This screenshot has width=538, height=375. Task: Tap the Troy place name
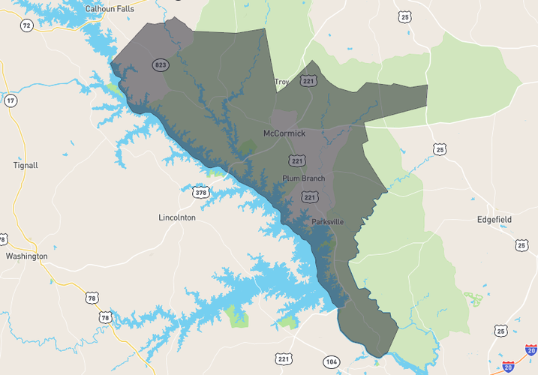[x=281, y=82]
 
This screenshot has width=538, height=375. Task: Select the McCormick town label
[x=284, y=133]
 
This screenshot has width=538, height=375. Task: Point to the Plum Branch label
[x=303, y=178]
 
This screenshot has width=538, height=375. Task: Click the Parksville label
[x=328, y=222]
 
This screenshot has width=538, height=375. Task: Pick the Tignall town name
[x=26, y=165]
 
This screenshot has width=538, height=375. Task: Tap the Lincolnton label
[x=177, y=217]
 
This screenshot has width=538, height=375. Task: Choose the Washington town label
[x=26, y=256]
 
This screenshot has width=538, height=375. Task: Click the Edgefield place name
[x=494, y=220]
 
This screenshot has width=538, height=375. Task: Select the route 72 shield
[x=27, y=25]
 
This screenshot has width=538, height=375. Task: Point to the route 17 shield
[x=11, y=100]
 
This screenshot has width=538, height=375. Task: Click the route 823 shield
[x=160, y=65]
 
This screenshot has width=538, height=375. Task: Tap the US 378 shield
[x=200, y=193]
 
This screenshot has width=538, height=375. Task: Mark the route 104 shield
[x=332, y=361]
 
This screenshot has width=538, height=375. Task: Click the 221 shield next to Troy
[x=308, y=80]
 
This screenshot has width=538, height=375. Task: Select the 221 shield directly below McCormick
[x=297, y=160]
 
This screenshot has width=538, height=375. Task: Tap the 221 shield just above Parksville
[x=309, y=196]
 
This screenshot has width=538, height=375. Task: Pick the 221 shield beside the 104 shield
[x=284, y=360]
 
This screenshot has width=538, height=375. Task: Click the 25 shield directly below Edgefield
[x=521, y=245]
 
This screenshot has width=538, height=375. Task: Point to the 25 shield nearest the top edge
[x=406, y=16]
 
